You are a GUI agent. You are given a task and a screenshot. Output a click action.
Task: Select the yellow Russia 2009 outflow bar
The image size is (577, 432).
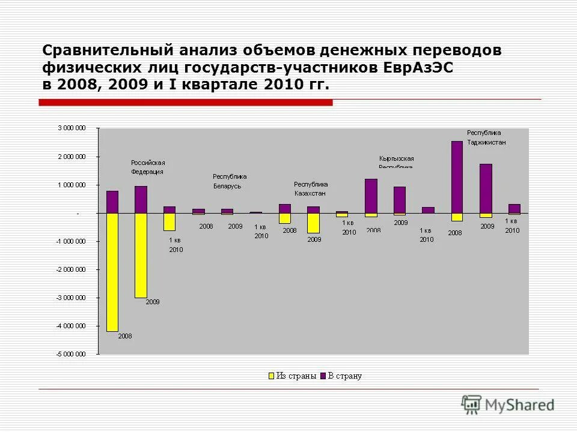141,255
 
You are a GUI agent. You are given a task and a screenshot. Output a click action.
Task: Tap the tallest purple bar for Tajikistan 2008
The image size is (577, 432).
457,177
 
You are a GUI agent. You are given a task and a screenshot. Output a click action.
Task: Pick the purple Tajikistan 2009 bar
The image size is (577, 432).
486,188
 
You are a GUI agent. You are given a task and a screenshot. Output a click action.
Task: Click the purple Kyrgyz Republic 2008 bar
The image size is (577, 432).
371,196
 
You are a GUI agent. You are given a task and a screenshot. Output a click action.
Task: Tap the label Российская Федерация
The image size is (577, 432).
148,167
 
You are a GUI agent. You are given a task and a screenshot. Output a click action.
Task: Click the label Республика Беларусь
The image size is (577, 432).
230,181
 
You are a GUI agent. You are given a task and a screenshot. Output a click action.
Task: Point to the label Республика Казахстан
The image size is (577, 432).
311,188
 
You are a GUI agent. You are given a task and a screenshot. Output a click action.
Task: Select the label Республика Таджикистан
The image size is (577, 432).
486,137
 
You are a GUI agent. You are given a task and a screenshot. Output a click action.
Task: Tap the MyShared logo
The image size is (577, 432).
508,406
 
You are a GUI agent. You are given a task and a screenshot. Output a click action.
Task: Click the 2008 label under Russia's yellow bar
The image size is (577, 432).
124,336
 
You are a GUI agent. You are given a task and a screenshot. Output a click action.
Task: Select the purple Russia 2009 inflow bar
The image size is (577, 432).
141,199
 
